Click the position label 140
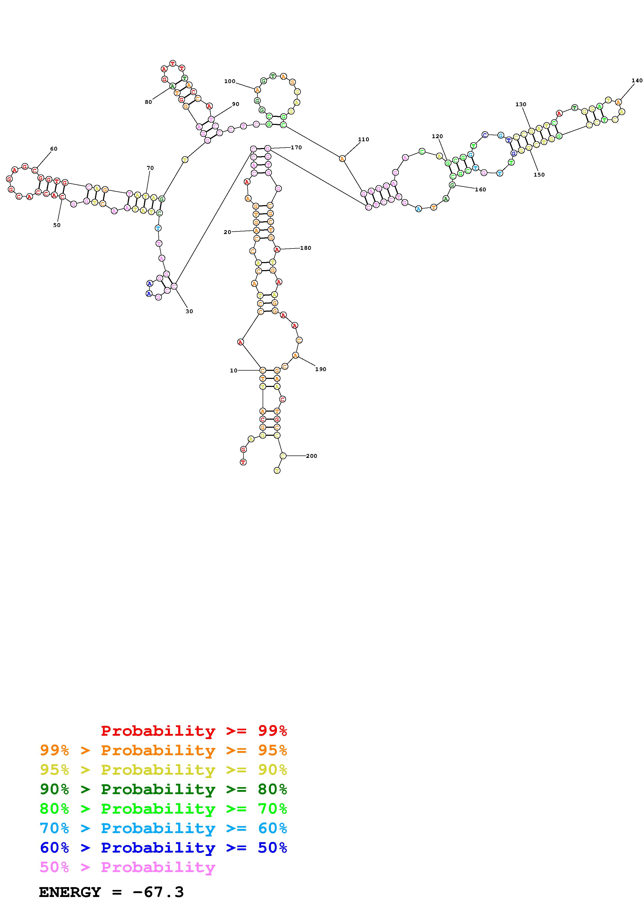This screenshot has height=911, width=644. (x=636, y=81)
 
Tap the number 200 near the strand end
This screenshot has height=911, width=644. (x=311, y=456)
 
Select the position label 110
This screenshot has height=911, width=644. (x=363, y=139)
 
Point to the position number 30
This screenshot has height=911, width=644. (x=189, y=311)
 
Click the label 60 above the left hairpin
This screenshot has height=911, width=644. (x=54, y=149)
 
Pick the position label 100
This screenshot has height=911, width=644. (x=230, y=81)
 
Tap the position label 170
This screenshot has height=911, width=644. (x=296, y=147)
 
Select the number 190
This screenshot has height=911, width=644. (x=321, y=369)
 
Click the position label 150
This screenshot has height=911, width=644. (x=539, y=175)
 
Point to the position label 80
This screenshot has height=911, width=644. (x=148, y=102)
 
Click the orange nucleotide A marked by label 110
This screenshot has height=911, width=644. (x=342, y=159)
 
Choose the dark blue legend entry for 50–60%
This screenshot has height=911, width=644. (x=163, y=848)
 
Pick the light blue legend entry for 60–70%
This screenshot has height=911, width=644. (x=163, y=828)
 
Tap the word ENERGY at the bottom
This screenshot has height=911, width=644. (x=70, y=892)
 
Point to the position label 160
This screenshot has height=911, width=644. (x=480, y=190)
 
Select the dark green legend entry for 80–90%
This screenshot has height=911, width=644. (x=163, y=789)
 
